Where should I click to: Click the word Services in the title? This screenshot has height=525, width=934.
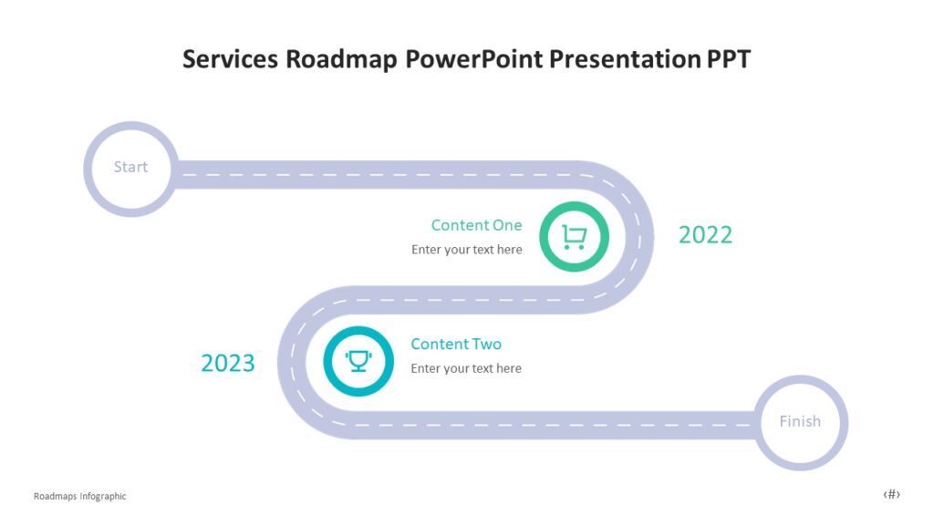[x=231, y=59]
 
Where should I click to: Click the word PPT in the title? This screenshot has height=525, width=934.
[x=729, y=59]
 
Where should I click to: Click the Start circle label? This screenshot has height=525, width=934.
[x=130, y=167]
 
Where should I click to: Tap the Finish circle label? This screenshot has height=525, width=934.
[x=800, y=421]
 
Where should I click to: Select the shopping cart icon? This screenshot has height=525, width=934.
[x=574, y=237]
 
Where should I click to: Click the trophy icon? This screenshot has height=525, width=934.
[x=358, y=361]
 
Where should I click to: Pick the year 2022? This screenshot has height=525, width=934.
[x=705, y=235]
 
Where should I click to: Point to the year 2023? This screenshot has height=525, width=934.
[x=228, y=364]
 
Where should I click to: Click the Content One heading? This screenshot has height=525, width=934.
[x=476, y=225]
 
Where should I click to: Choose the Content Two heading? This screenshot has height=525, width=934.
[x=456, y=344]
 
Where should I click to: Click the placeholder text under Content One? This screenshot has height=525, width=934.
[x=466, y=250]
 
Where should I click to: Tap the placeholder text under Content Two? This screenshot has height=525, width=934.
[x=466, y=368]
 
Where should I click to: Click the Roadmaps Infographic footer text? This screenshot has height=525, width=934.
[x=79, y=497]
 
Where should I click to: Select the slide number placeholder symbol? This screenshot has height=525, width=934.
[x=891, y=494]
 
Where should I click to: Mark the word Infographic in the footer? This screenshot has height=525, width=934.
[x=102, y=497]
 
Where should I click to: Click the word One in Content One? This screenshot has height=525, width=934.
[x=507, y=225]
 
